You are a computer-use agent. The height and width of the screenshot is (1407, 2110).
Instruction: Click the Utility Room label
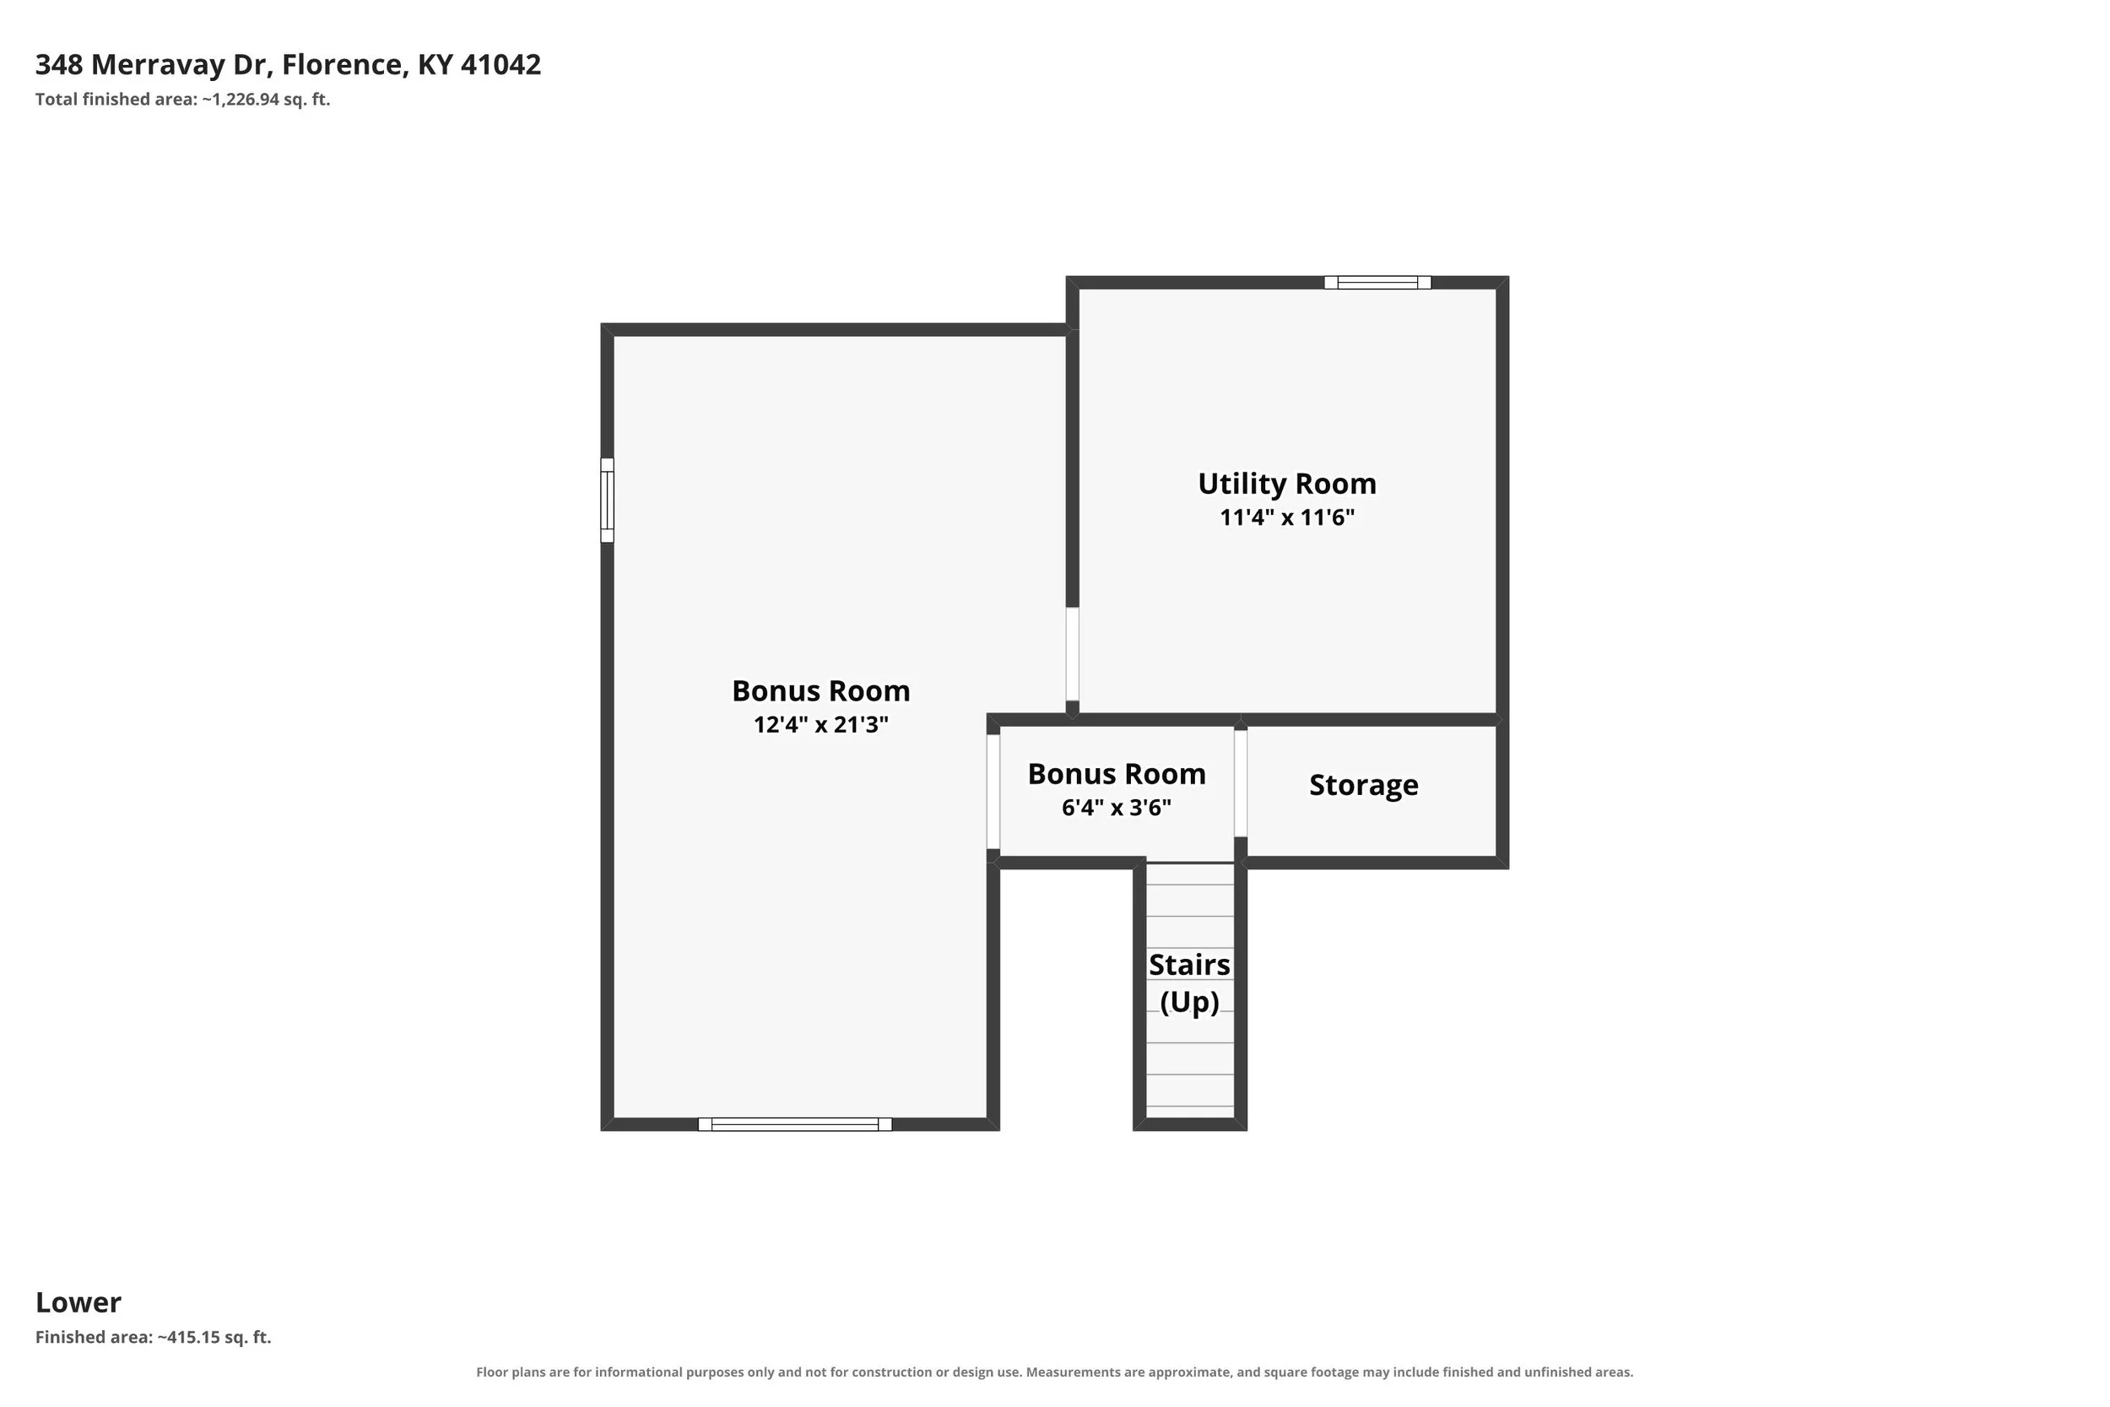pos(1286,484)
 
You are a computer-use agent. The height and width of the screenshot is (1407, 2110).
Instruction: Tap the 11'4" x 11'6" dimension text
pos(1286,517)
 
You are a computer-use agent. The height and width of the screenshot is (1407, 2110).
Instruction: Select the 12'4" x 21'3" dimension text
pos(821,725)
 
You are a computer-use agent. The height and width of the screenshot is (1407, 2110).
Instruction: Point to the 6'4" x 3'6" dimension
pos(1116,808)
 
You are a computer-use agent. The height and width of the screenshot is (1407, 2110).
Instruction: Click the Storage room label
pos(1364,785)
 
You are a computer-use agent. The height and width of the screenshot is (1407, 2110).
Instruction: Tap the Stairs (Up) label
pos(1189,982)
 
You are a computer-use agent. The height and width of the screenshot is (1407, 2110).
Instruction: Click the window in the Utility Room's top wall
pos(1377,283)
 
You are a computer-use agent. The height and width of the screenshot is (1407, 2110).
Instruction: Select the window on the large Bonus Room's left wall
pos(608,500)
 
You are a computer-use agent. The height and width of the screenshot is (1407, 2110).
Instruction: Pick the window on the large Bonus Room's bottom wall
pos(795,1124)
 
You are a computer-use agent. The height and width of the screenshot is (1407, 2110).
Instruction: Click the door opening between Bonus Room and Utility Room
pos(1072,654)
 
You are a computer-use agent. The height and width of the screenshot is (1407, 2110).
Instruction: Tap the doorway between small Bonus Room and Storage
pos(1241,783)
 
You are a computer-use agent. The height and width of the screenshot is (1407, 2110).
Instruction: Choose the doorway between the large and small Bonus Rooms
pos(993,792)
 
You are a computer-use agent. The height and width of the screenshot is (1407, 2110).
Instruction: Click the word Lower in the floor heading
pos(78,1302)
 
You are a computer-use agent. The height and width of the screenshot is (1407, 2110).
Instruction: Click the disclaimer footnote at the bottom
pos(1054,1372)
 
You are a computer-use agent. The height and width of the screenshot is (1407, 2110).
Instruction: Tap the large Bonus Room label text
pos(821,691)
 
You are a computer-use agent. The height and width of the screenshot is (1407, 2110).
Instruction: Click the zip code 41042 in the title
pos(500,65)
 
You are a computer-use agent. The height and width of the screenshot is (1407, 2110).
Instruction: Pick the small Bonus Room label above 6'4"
pos(1116,773)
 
